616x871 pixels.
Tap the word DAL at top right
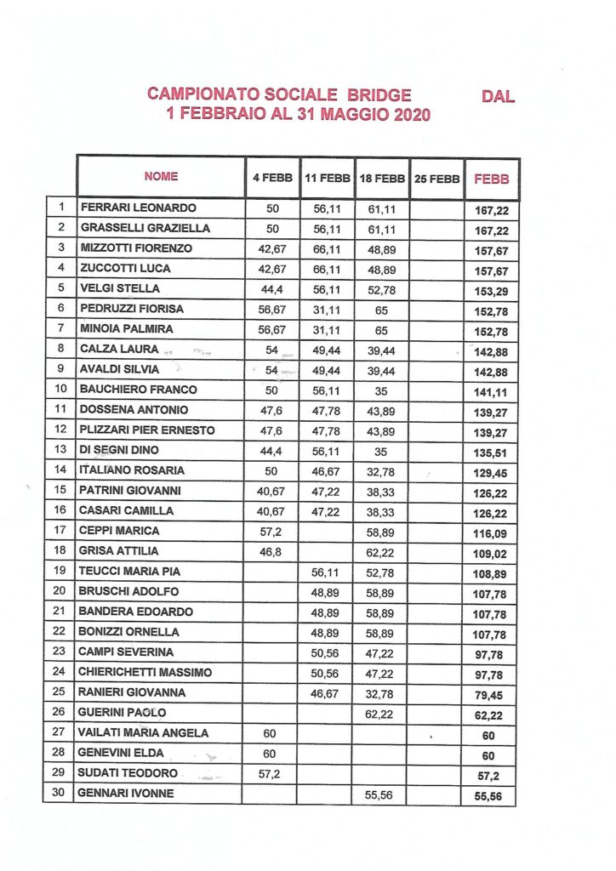point(498,97)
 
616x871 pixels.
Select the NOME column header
point(161,177)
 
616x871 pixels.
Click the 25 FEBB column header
point(437,179)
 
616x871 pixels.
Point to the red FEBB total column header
point(491,179)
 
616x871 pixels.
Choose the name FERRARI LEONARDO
point(137,208)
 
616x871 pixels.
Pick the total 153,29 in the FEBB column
point(491,289)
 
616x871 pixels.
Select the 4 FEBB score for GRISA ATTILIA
point(272,551)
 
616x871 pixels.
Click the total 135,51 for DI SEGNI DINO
point(491,451)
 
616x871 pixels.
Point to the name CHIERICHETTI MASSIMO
point(145,673)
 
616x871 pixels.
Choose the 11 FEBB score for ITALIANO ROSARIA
point(327,470)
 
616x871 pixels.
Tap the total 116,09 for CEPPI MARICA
point(491,532)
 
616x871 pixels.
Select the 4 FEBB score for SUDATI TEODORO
point(272,773)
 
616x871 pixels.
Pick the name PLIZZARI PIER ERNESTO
point(146,430)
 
